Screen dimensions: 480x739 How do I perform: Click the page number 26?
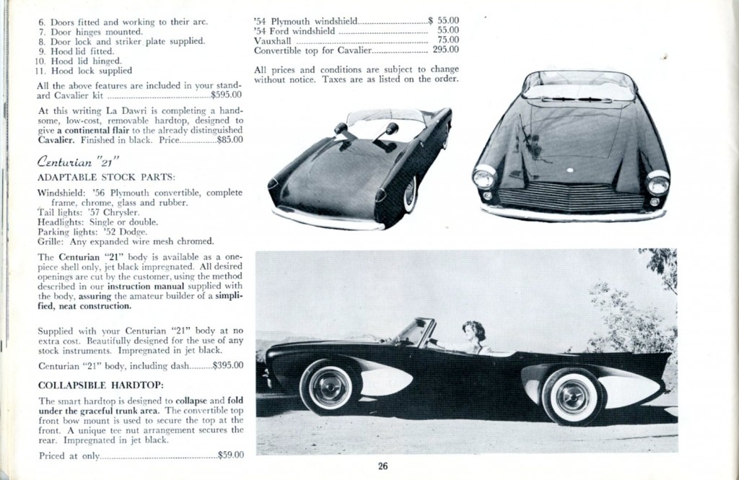tap(382, 466)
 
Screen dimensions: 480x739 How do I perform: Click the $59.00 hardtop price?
tap(230, 455)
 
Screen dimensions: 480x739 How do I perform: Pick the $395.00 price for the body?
tap(227, 366)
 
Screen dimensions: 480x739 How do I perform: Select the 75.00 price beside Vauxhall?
tap(447, 40)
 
